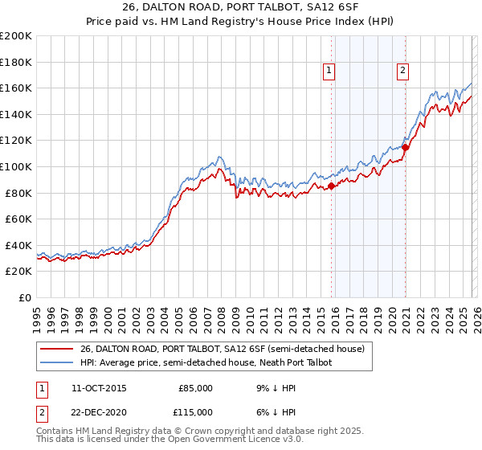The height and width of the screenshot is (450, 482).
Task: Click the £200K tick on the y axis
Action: pos(16,36)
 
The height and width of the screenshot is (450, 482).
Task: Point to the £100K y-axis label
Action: pos(16,166)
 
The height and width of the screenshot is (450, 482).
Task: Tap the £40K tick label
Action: pos(18,245)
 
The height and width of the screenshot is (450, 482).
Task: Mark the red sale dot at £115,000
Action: pos(406,147)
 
